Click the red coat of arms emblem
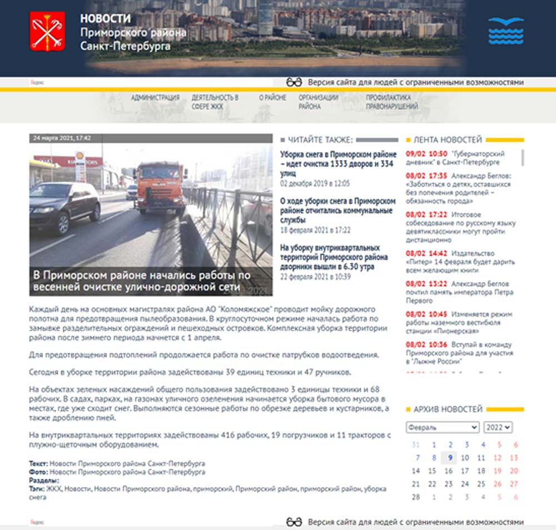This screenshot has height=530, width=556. (x=47, y=32)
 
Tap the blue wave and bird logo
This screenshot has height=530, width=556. (x=505, y=31)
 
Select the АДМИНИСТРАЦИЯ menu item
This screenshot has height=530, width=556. (x=155, y=98)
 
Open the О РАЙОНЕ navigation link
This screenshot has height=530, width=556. (x=272, y=98)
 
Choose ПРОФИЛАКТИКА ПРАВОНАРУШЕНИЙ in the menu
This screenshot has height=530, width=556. (x=391, y=102)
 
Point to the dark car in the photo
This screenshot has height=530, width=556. (x=64, y=206)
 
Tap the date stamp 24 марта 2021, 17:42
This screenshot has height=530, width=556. (x=62, y=138)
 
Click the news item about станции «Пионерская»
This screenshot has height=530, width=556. (x=459, y=322)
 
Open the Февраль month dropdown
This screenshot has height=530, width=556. (x=442, y=427)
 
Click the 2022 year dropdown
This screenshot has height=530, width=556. (x=498, y=427)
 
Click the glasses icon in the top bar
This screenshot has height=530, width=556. (x=294, y=82)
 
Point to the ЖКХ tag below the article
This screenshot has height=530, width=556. (x=54, y=489)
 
